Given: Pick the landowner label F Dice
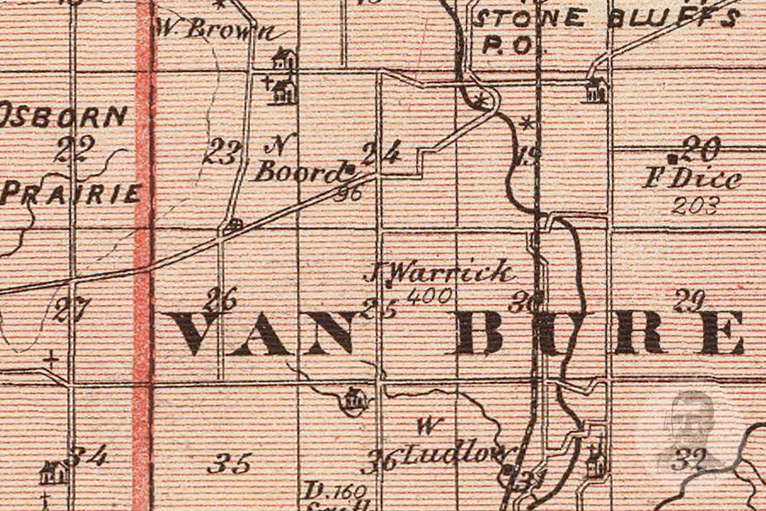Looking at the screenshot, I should coord(692,179).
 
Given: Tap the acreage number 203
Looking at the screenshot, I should coord(696,206).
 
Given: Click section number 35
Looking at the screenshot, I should coord(229,464).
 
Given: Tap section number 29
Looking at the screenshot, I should coord(689,301).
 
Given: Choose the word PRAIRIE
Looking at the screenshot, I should coord(71,194).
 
